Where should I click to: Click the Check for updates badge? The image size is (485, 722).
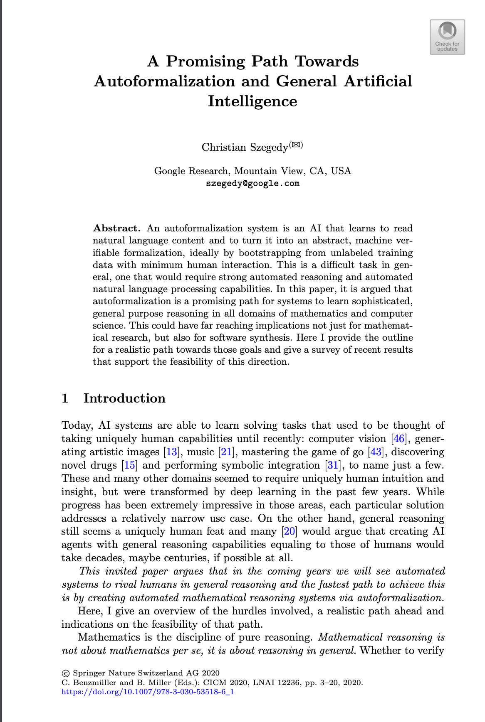click(447, 37)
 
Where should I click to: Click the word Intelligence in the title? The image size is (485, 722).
click(252, 101)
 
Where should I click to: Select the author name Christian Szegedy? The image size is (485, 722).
click(245, 147)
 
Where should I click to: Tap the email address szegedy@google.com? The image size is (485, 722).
click(252, 184)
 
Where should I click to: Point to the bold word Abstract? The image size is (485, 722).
click(116, 228)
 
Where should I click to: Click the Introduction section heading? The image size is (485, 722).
click(124, 398)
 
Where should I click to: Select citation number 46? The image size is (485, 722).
click(399, 439)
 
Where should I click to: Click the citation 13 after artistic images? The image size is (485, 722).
click(171, 452)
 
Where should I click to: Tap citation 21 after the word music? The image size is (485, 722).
click(226, 452)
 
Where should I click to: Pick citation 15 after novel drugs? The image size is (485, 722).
click(130, 465)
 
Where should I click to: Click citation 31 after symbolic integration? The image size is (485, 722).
click(333, 465)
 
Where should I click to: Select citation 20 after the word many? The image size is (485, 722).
click(290, 531)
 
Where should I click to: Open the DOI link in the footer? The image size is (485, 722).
click(148, 692)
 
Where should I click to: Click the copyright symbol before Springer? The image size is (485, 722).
click(65, 673)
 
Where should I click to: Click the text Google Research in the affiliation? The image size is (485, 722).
click(191, 171)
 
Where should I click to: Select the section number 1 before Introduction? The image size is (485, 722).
click(65, 398)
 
